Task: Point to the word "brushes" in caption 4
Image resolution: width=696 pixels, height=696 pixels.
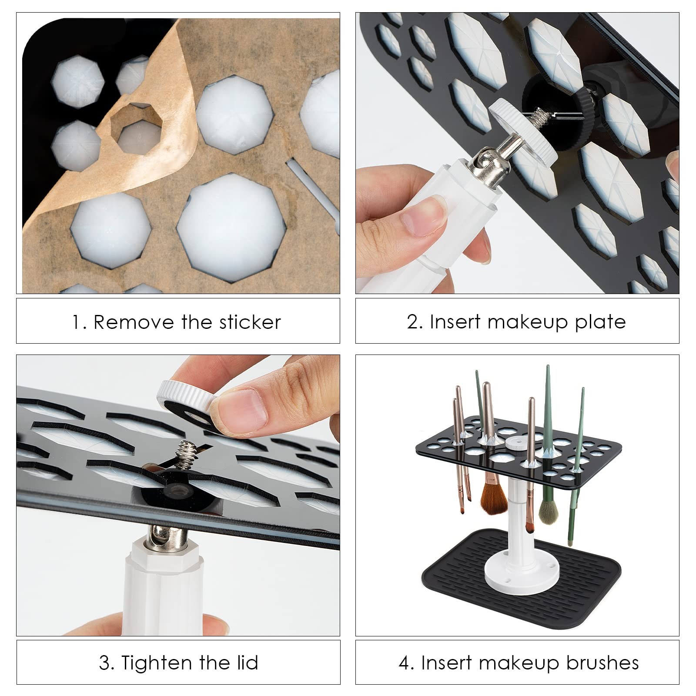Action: pyautogui.click(x=602, y=663)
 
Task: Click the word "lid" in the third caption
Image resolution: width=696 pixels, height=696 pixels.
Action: pyautogui.click(x=249, y=663)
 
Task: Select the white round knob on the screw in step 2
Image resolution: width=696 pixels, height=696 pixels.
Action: pyautogui.click(x=526, y=128)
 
